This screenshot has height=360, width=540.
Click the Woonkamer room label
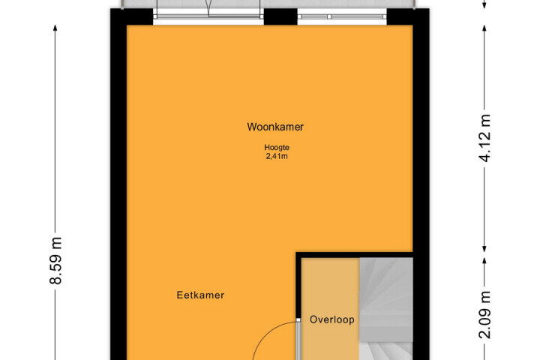(x=275, y=127)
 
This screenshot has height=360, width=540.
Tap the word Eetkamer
(x=200, y=295)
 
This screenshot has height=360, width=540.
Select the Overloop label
(x=332, y=319)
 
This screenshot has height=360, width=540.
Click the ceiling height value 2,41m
(x=277, y=157)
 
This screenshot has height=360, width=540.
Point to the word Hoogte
(x=277, y=148)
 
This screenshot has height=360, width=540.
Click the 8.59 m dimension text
(x=55, y=261)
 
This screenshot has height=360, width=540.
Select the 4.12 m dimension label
(x=485, y=138)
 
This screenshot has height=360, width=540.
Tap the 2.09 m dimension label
(x=485, y=315)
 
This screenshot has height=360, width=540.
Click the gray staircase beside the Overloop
(x=386, y=309)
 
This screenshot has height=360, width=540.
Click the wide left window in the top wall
(x=208, y=16)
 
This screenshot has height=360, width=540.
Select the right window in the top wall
(x=342, y=16)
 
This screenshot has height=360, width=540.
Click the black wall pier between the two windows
(x=280, y=16)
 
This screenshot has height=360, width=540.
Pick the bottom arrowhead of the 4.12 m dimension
(x=484, y=247)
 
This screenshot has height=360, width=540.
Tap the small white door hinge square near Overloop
(x=298, y=320)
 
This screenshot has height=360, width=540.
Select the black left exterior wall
(x=118, y=184)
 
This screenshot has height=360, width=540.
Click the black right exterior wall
(x=421, y=184)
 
